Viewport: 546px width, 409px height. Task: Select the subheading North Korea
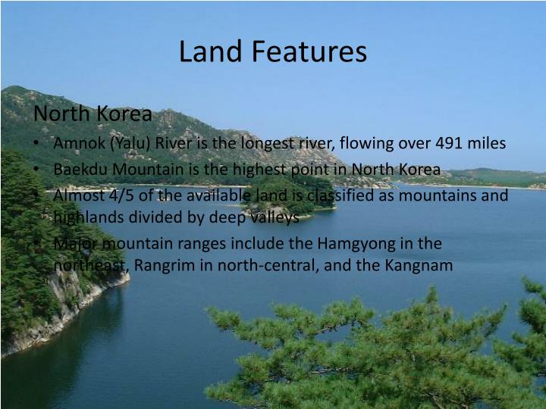pyautogui.click(x=93, y=114)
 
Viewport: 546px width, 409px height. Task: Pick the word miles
pyautogui.click(x=487, y=143)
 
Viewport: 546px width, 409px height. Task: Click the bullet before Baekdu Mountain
pyautogui.click(x=37, y=169)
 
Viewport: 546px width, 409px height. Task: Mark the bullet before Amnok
pyautogui.click(x=37, y=143)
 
